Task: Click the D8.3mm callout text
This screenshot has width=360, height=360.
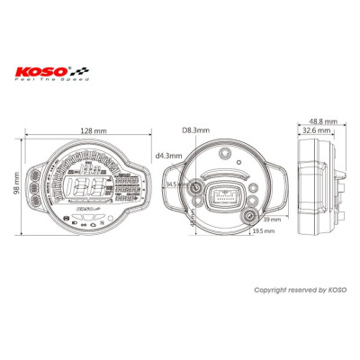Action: [x=194, y=131]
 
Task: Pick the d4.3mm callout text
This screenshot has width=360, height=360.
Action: [x=168, y=156]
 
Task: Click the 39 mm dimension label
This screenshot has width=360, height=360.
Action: [x=274, y=219]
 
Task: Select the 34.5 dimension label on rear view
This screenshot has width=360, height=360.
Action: [x=174, y=184]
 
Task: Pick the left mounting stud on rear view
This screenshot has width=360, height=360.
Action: [x=197, y=186]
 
